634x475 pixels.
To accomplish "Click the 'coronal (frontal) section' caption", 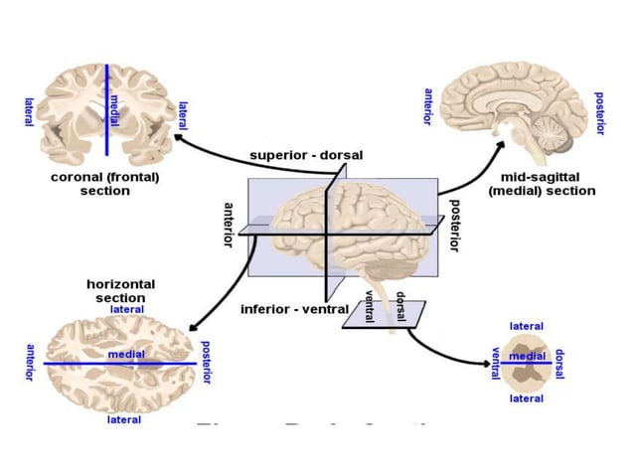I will pyautogui.click(x=104, y=184).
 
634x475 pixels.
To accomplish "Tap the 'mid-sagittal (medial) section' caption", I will pyautogui.click(x=542, y=184).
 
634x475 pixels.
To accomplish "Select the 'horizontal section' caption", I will pyautogui.click(x=119, y=291).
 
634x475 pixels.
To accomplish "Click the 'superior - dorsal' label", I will pyautogui.click(x=306, y=155).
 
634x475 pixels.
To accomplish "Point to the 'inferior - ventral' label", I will pyautogui.click(x=294, y=309).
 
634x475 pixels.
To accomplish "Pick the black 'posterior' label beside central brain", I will pyautogui.click(x=454, y=225).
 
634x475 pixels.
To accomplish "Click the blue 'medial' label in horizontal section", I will pyautogui.click(x=126, y=355).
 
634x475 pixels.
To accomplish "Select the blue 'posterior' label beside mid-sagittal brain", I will pyautogui.click(x=599, y=113).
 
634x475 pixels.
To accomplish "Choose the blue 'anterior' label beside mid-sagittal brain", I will pyautogui.click(x=427, y=106).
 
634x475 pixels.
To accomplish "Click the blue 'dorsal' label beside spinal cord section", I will pyautogui.click(x=559, y=364).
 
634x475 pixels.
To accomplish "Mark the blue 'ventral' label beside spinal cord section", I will pyautogui.click(x=495, y=364).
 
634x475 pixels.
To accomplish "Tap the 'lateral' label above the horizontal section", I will pyautogui.click(x=127, y=309).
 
